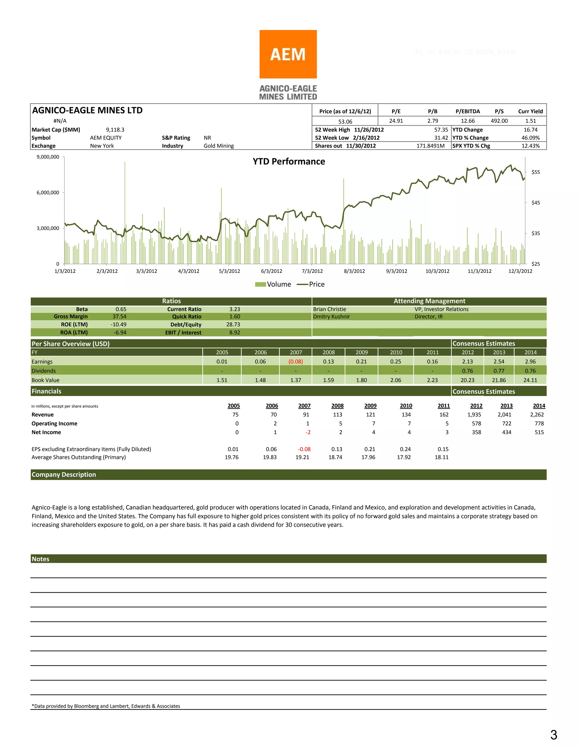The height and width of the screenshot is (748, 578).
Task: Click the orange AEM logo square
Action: point(288,54)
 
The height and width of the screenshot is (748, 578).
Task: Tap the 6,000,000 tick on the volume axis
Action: point(48,193)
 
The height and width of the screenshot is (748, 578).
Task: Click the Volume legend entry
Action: point(273,284)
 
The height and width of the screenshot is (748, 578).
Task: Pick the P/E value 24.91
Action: point(396,121)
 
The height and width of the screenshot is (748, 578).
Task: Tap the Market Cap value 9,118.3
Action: point(115,130)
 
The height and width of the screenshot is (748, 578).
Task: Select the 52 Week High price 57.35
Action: point(441,130)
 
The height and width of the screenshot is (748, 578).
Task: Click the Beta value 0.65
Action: point(121,309)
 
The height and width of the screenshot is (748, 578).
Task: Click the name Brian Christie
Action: point(329,309)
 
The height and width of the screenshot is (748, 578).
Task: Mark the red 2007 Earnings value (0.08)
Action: point(295,362)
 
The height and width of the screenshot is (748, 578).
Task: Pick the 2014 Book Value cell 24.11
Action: point(530,380)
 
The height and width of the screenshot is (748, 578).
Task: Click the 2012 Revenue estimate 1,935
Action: point(474,414)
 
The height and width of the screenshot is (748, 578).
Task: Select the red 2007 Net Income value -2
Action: point(308,432)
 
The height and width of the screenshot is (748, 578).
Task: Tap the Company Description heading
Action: point(64,474)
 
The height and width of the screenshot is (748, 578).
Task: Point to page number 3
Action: point(554,735)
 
